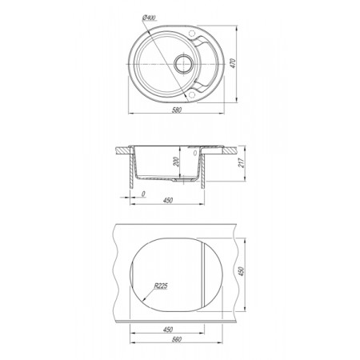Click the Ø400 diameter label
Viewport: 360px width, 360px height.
pyautogui.click(x=150, y=18)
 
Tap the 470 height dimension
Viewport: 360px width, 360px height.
pyautogui.click(x=233, y=63)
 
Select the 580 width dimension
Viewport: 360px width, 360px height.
pyautogui.click(x=177, y=110)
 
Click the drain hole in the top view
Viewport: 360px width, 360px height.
pyautogui.click(x=183, y=63)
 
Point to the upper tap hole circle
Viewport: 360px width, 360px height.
pyautogui.click(x=192, y=34)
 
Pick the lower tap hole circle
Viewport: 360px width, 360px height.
pyautogui.click(x=192, y=94)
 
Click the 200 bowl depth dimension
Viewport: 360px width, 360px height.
pyautogui.click(x=176, y=162)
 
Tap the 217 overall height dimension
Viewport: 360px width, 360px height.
pyautogui.click(x=242, y=162)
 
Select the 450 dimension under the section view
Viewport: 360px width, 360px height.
pyautogui.click(x=168, y=200)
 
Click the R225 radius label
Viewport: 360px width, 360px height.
pyautogui.click(x=161, y=286)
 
